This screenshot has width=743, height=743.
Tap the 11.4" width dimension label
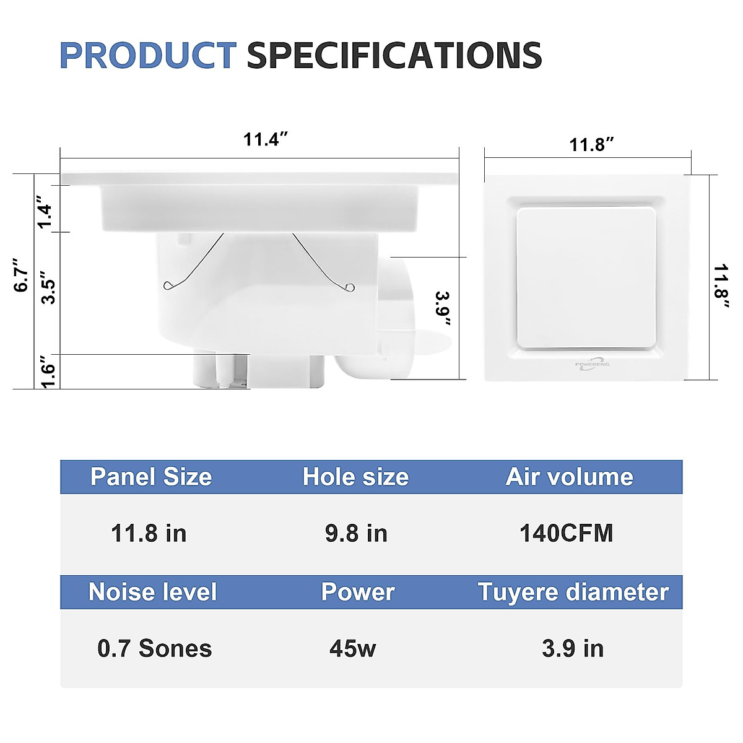tap(266, 139)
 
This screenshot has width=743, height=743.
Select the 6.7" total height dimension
tap(22, 275)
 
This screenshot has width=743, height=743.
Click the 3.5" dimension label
tap(47, 287)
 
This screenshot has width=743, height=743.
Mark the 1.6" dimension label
tap(47, 371)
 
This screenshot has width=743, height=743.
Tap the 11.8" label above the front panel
tap(592, 145)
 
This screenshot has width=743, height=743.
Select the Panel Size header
tap(151, 477)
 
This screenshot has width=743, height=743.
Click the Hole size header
tap(355, 477)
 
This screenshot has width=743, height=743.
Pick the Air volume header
tap(569, 477)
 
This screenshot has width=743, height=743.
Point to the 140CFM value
tap(566, 533)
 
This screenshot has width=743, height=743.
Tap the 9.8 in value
tap(356, 533)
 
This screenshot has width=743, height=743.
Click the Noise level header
tap(152, 592)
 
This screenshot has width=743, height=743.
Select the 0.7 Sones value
tap(154, 648)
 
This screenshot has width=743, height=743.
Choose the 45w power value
tap(352, 648)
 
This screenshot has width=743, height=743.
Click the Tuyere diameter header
tap(573, 592)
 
